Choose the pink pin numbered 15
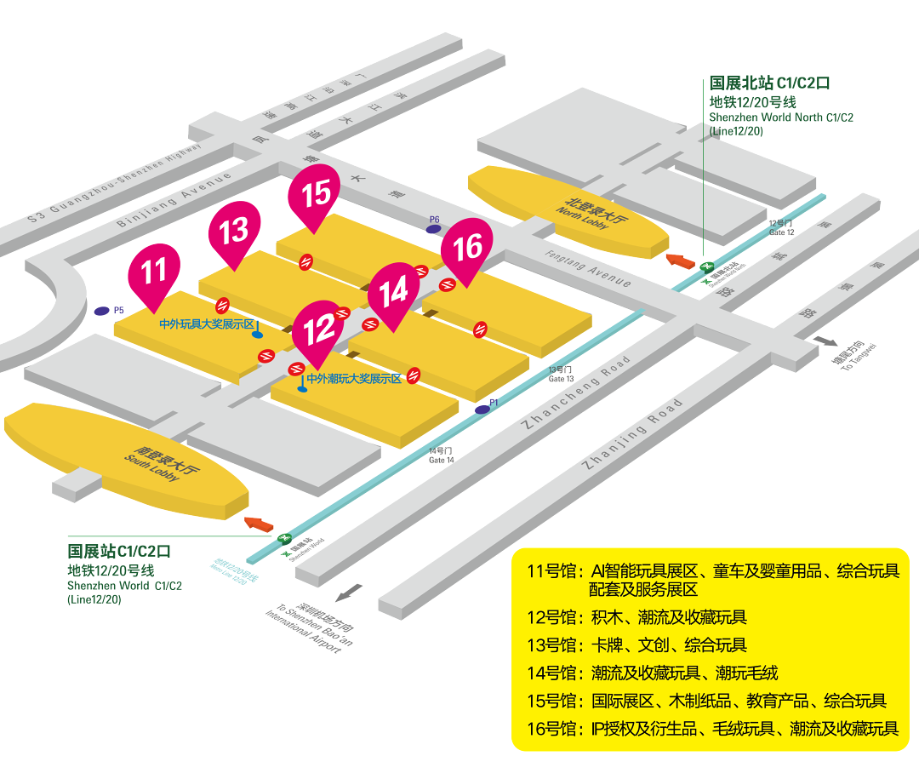click(x=316, y=192)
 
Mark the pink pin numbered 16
click(x=468, y=248)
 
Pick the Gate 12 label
click(x=782, y=228)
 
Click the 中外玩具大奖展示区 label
click(x=207, y=324)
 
